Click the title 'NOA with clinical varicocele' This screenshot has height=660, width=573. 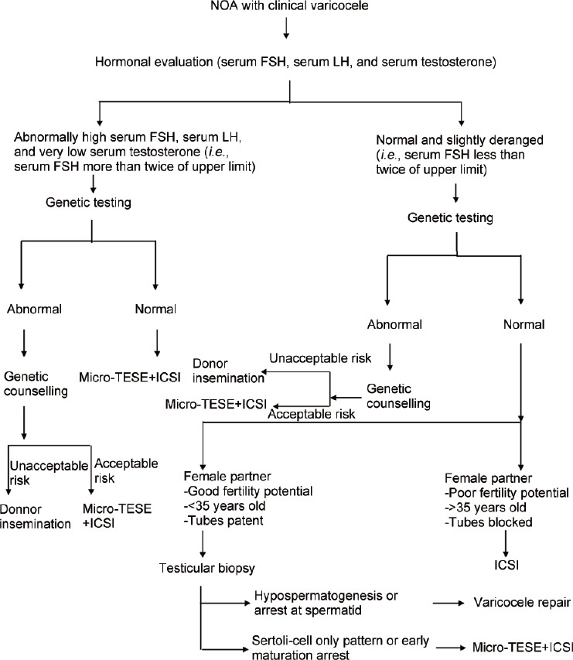point(288,8)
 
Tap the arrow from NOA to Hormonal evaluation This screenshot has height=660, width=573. point(287,28)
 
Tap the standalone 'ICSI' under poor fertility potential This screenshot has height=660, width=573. point(506,543)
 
